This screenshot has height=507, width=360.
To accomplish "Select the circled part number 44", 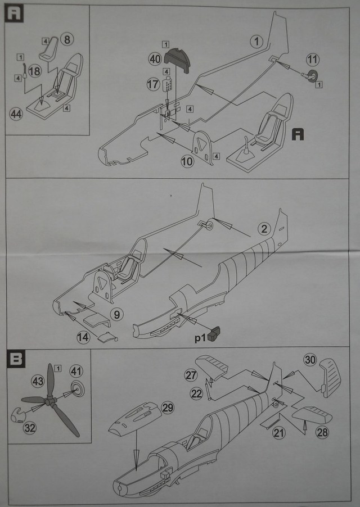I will tap(16, 114).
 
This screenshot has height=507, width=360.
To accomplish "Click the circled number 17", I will tap(152, 84).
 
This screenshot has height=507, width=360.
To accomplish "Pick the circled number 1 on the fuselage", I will tap(256, 41).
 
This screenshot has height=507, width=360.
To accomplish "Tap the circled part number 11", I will tap(313, 58).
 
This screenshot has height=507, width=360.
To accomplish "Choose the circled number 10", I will tap(187, 162).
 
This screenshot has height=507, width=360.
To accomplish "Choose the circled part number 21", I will tap(278, 432).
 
